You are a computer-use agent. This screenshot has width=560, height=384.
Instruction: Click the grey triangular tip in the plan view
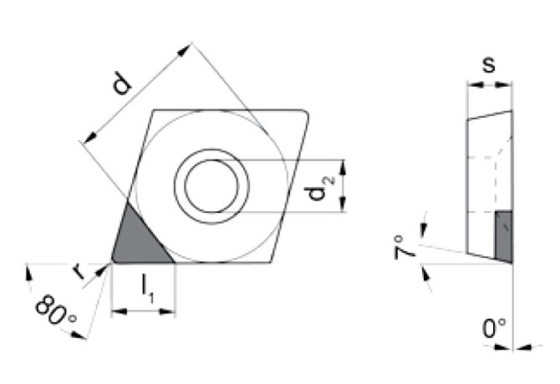coord(137,241)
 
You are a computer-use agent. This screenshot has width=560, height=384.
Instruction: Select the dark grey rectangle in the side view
coord(503,235)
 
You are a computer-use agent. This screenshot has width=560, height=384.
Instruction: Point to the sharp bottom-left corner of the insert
coord(113,261)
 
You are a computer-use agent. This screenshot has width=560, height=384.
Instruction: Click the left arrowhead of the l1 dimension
coord(115,311)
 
